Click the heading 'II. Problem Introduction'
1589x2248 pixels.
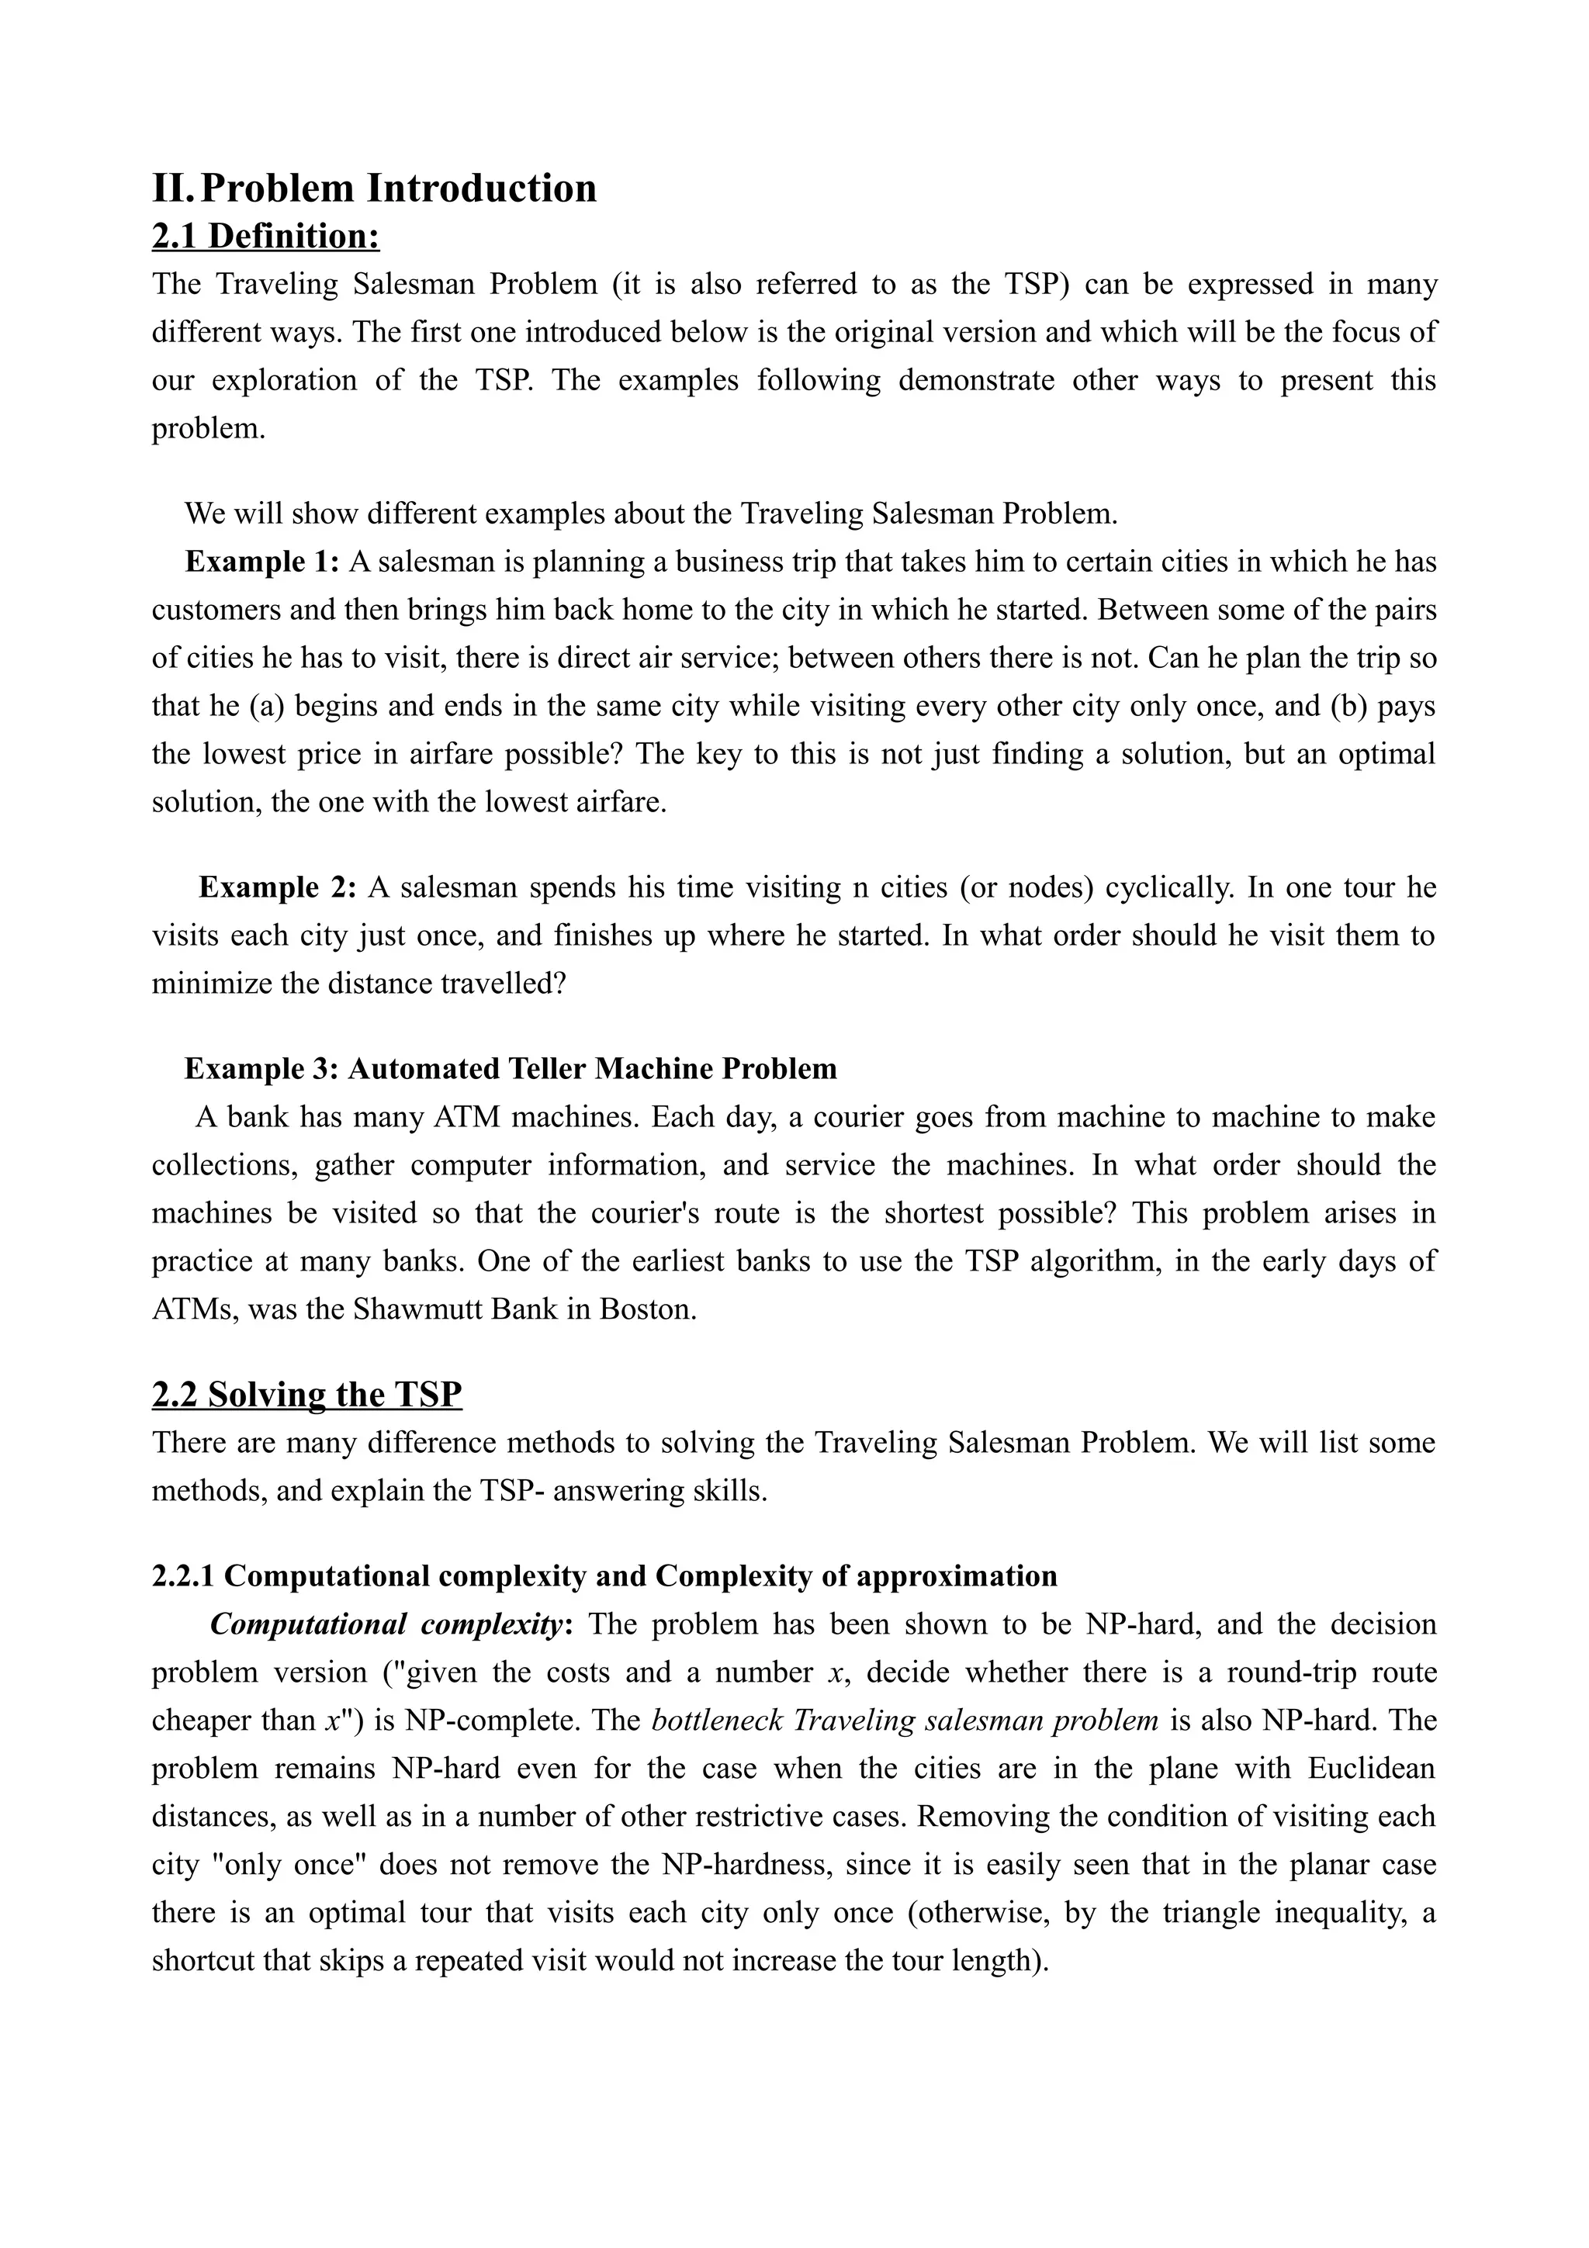pyautogui.click(x=374, y=188)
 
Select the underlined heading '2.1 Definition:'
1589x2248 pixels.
pyautogui.click(x=265, y=236)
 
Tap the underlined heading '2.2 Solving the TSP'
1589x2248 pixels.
pyautogui.click(x=306, y=1394)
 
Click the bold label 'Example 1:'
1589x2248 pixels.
pyautogui.click(x=262, y=562)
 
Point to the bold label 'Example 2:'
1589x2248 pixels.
pyautogui.click(x=277, y=887)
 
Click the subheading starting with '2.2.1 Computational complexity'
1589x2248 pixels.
pyautogui.click(x=604, y=1575)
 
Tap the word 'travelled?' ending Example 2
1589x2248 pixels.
pyautogui.click(x=504, y=983)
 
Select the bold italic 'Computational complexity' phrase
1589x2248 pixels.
pyautogui.click(x=386, y=1624)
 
